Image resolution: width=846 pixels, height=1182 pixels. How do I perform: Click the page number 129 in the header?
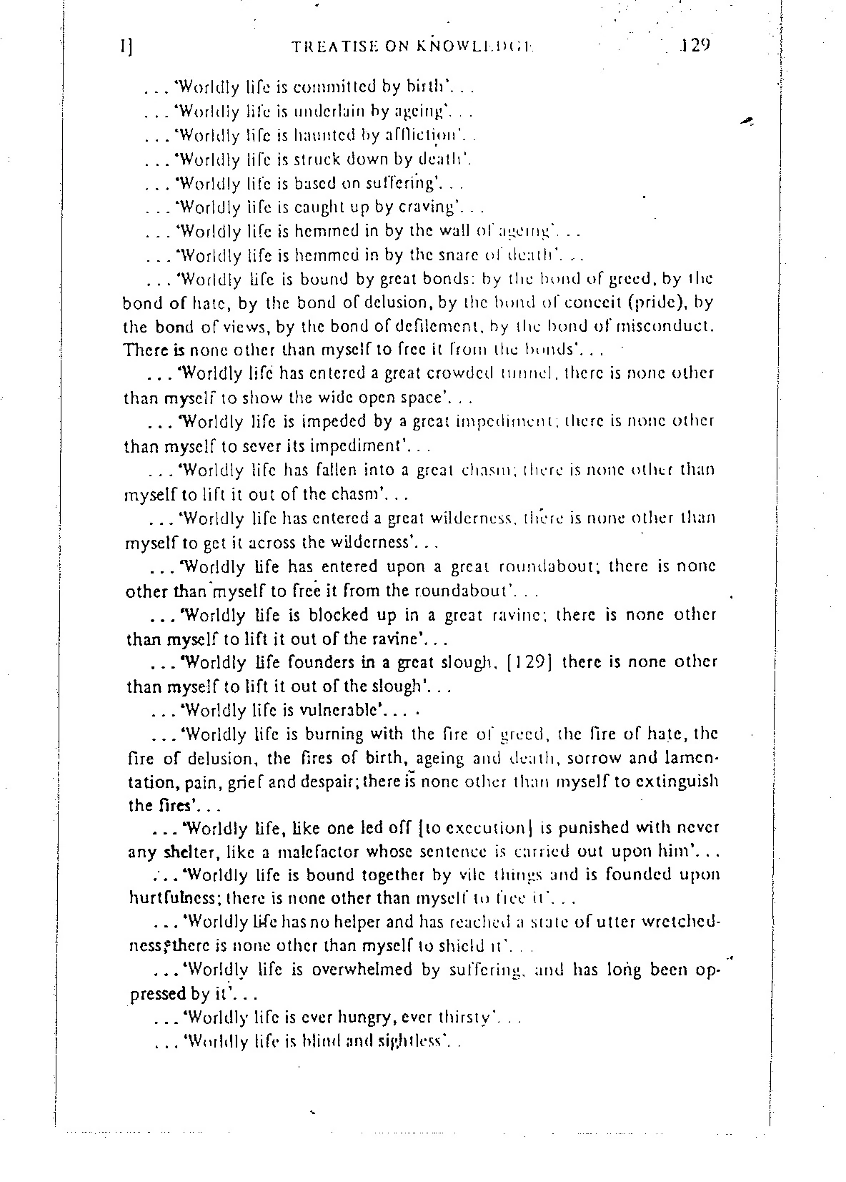[x=693, y=46]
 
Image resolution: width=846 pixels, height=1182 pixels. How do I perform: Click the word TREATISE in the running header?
[x=330, y=48]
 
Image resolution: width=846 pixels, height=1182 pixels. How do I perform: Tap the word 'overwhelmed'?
[x=352, y=970]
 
